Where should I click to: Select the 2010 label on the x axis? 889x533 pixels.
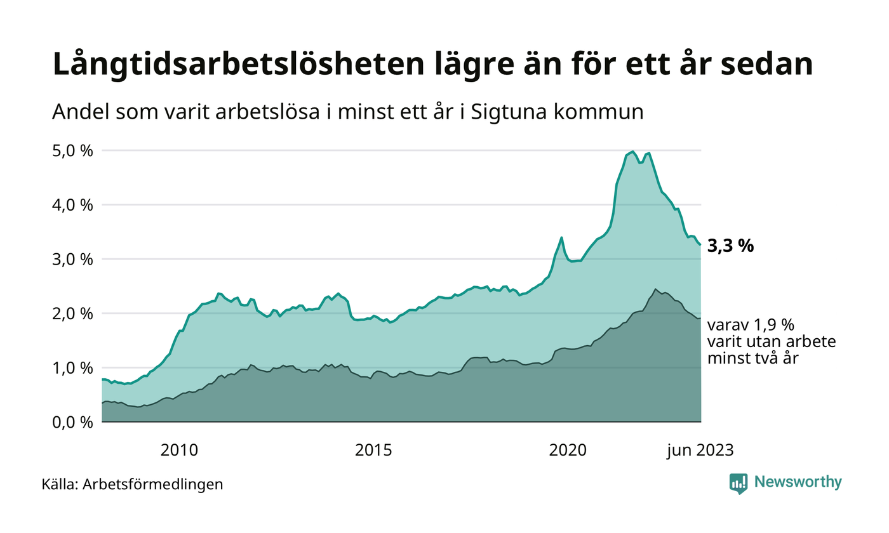180,451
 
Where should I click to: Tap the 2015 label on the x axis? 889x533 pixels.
373,451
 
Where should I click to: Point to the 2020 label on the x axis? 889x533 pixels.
568,451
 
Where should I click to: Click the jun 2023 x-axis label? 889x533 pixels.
700,451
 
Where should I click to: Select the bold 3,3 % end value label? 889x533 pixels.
730,246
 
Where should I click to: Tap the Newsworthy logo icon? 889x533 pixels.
738,484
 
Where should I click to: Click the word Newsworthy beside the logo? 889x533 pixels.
798,482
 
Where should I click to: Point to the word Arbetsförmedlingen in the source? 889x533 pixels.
153,485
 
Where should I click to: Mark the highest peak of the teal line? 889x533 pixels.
633,152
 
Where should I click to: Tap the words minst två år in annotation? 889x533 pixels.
752,359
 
